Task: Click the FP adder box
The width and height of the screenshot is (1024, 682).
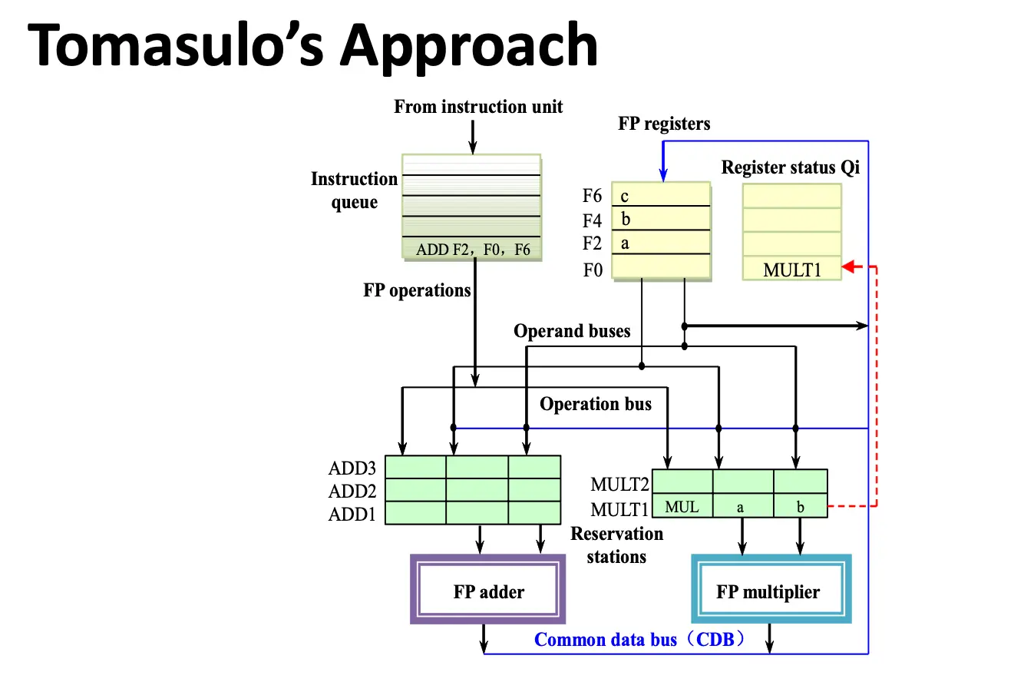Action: [x=488, y=591]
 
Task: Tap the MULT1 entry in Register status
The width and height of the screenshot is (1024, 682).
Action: [x=791, y=270]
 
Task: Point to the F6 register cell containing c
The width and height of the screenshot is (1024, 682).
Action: [x=661, y=195]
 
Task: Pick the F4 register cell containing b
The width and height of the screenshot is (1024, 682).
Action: [x=661, y=220]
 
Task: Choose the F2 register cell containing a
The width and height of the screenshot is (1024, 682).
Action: [x=661, y=243]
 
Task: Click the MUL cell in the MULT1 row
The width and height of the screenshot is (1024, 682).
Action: [x=682, y=507]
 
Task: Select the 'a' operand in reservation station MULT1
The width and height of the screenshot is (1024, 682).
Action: [x=742, y=507]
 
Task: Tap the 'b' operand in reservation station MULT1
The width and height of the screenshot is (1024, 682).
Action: [x=800, y=507]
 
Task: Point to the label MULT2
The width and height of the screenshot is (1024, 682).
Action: [x=619, y=485]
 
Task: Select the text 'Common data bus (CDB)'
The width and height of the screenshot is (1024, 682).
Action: [x=639, y=639]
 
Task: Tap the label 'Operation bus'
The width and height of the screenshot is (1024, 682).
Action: [x=595, y=404]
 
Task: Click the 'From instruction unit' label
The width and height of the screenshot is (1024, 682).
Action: [x=478, y=107]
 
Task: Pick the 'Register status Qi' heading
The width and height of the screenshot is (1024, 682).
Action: [x=791, y=167]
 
